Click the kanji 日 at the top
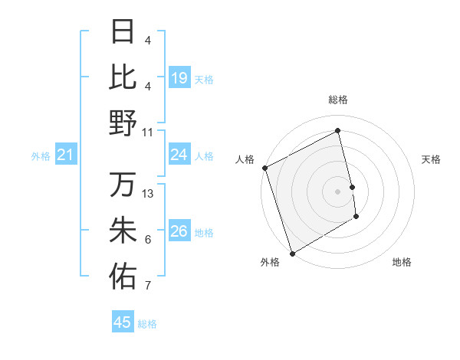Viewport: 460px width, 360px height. coord(123,32)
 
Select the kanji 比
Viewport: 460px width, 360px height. coord(123,77)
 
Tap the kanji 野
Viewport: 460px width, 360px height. coord(123,123)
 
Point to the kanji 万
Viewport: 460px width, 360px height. coord(123,185)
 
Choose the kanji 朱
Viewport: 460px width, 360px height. coord(123,231)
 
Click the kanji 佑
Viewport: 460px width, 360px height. coord(123,277)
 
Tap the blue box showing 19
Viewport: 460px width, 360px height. coord(179,77)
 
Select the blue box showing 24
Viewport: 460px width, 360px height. coord(179,155)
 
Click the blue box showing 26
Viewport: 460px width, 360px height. coord(179,231)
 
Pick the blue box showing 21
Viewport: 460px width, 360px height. coord(66,155)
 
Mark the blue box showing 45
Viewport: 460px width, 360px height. coord(123,322)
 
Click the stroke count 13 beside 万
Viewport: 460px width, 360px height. coord(149,194)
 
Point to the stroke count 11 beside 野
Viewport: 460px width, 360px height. coord(148,132)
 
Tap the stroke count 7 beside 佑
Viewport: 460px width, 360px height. coord(148,286)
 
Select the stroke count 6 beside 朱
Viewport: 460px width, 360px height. coord(148,241)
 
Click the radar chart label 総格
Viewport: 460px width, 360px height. coord(338,100)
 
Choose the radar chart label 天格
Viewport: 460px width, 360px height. coord(432,159)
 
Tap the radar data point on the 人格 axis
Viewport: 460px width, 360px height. coord(264,168)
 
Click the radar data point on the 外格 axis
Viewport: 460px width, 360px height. coord(292,253)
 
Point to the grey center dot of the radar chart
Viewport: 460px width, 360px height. coord(338,191)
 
